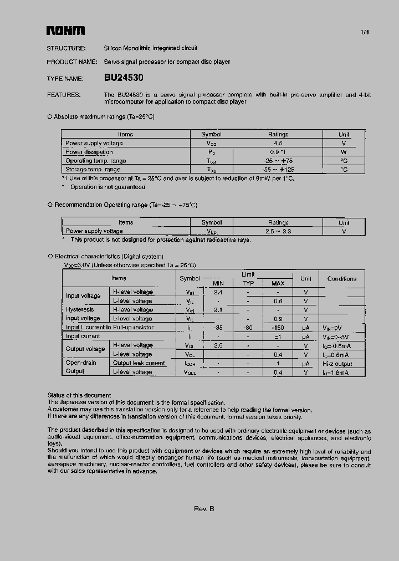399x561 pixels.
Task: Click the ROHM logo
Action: [65, 31]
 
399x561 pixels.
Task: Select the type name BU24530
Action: [124, 79]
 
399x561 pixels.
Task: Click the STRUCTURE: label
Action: [66, 48]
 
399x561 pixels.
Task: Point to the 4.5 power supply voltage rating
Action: [278, 143]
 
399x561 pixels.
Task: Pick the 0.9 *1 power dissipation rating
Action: [278, 152]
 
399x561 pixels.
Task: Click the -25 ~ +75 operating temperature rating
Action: [278, 161]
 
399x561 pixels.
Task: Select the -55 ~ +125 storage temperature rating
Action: [278, 170]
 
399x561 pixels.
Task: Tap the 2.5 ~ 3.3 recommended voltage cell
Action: [278, 231]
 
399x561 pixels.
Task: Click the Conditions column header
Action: [342, 279]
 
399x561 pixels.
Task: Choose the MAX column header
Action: [278, 283]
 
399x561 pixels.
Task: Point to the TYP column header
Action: [248, 283]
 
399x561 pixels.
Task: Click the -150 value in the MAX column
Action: [278, 328]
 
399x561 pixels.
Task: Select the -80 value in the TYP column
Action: [248, 328]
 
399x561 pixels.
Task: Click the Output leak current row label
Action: [139, 363]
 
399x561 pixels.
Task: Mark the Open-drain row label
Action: [81, 363]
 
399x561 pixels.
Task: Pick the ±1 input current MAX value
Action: [278, 336]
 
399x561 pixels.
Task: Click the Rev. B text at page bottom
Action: [204, 509]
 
